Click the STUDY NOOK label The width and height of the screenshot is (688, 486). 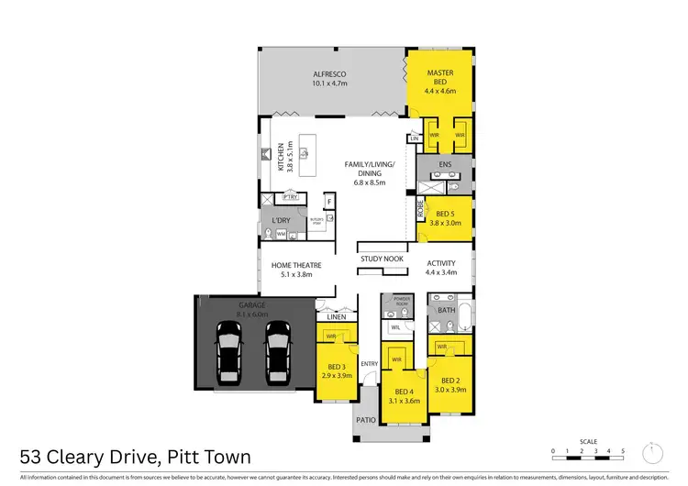382,259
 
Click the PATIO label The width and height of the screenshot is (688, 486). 365,424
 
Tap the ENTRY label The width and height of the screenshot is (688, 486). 370,364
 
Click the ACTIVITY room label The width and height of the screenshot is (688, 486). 441,263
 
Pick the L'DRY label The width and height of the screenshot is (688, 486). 281,222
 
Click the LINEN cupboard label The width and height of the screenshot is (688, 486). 336,317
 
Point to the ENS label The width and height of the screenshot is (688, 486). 444,165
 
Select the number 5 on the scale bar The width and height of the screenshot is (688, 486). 624,451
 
